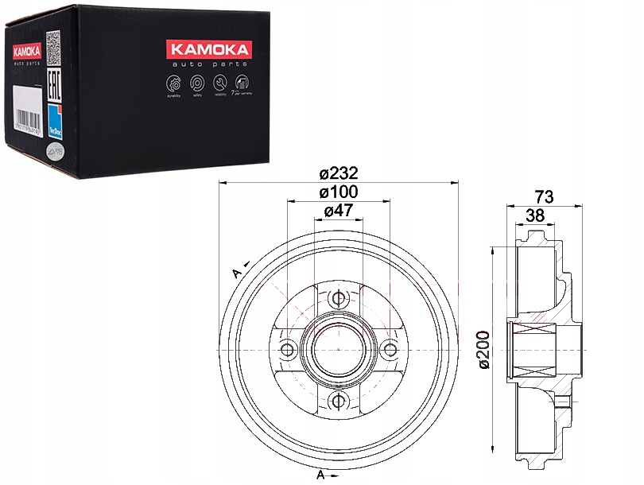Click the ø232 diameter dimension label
[338, 173]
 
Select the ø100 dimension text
[338, 192]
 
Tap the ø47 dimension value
[338, 211]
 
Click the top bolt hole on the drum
[338, 299]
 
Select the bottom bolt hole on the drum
[338, 399]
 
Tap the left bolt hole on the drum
[288, 348]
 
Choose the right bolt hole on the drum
[389, 348]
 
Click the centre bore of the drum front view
[338, 348]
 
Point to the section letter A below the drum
[320, 475]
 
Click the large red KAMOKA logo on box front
[208, 50]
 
